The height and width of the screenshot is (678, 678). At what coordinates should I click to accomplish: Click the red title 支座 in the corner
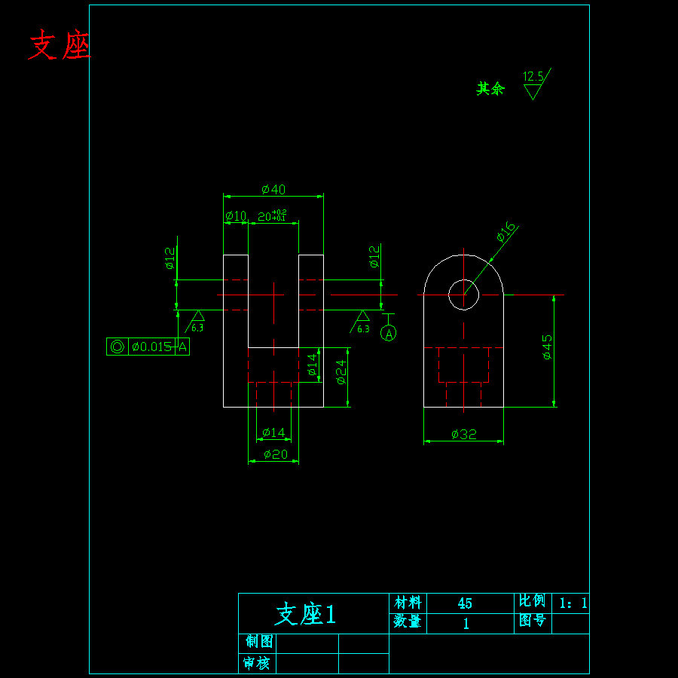pyautogui.click(x=59, y=47)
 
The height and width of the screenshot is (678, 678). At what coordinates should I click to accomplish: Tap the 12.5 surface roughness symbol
pyautogui.click(x=534, y=84)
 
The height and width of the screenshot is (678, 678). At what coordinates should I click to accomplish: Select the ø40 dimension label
pyautogui.click(x=273, y=189)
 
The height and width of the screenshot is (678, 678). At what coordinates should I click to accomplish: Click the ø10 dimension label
pyautogui.click(x=236, y=216)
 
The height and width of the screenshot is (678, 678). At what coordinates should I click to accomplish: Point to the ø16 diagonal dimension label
pyautogui.click(x=506, y=232)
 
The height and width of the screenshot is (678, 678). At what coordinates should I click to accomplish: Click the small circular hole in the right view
pyautogui.click(x=463, y=294)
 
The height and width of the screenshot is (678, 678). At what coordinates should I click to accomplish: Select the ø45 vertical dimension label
pyautogui.click(x=547, y=347)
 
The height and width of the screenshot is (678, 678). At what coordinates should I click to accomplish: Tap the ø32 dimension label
pyautogui.click(x=464, y=434)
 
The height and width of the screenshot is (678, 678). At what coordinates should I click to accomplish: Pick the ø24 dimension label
pyautogui.click(x=341, y=371)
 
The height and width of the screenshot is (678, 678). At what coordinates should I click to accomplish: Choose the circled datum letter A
pyautogui.click(x=389, y=333)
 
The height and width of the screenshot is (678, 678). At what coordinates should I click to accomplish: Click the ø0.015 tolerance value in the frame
pyautogui.click(x=151, y=347)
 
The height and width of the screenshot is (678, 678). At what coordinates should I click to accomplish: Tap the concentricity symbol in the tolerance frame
pyautogui.click(x=118, y=347)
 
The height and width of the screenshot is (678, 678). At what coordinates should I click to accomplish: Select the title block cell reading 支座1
pyautogui.click(x=306, y=614)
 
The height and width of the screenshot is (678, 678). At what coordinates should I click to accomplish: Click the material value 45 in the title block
pyautogui.click(x=465, y=603)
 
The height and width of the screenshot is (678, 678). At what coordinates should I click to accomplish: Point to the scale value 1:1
pyautogui.click(x=572, y=603)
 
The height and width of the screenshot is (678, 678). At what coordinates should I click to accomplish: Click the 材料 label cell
pyautogui.click(x=408, y=603)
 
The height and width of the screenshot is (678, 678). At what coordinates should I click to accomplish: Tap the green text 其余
pyautogui.click(x=490, y=89)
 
